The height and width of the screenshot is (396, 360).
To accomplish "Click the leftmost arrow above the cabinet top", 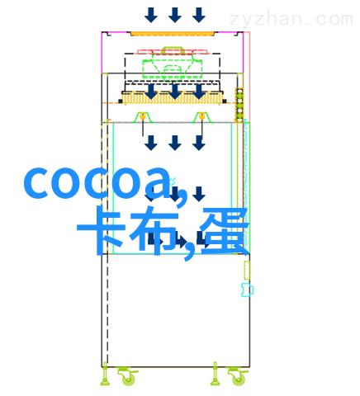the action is (151, 15).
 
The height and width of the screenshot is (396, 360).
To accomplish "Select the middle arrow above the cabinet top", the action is (175, 15).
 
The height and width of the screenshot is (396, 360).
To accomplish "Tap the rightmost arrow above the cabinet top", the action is (199, 15).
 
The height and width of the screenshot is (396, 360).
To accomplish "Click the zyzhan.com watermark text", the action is (291, 19).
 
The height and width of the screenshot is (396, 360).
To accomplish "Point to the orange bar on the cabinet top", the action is (172, 34).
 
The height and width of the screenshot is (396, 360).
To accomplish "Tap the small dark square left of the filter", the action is (121, 101).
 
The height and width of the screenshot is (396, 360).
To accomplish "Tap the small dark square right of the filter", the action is (225, 101).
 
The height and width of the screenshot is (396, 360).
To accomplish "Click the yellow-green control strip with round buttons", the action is (239, 105).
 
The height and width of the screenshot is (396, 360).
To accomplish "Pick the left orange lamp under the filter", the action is (143, 117).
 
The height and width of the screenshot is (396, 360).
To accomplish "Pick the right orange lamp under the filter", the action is (202, 117).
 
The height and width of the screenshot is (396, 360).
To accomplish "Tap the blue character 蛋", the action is (225, 230).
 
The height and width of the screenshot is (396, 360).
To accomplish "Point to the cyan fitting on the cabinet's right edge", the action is (247, 290).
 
